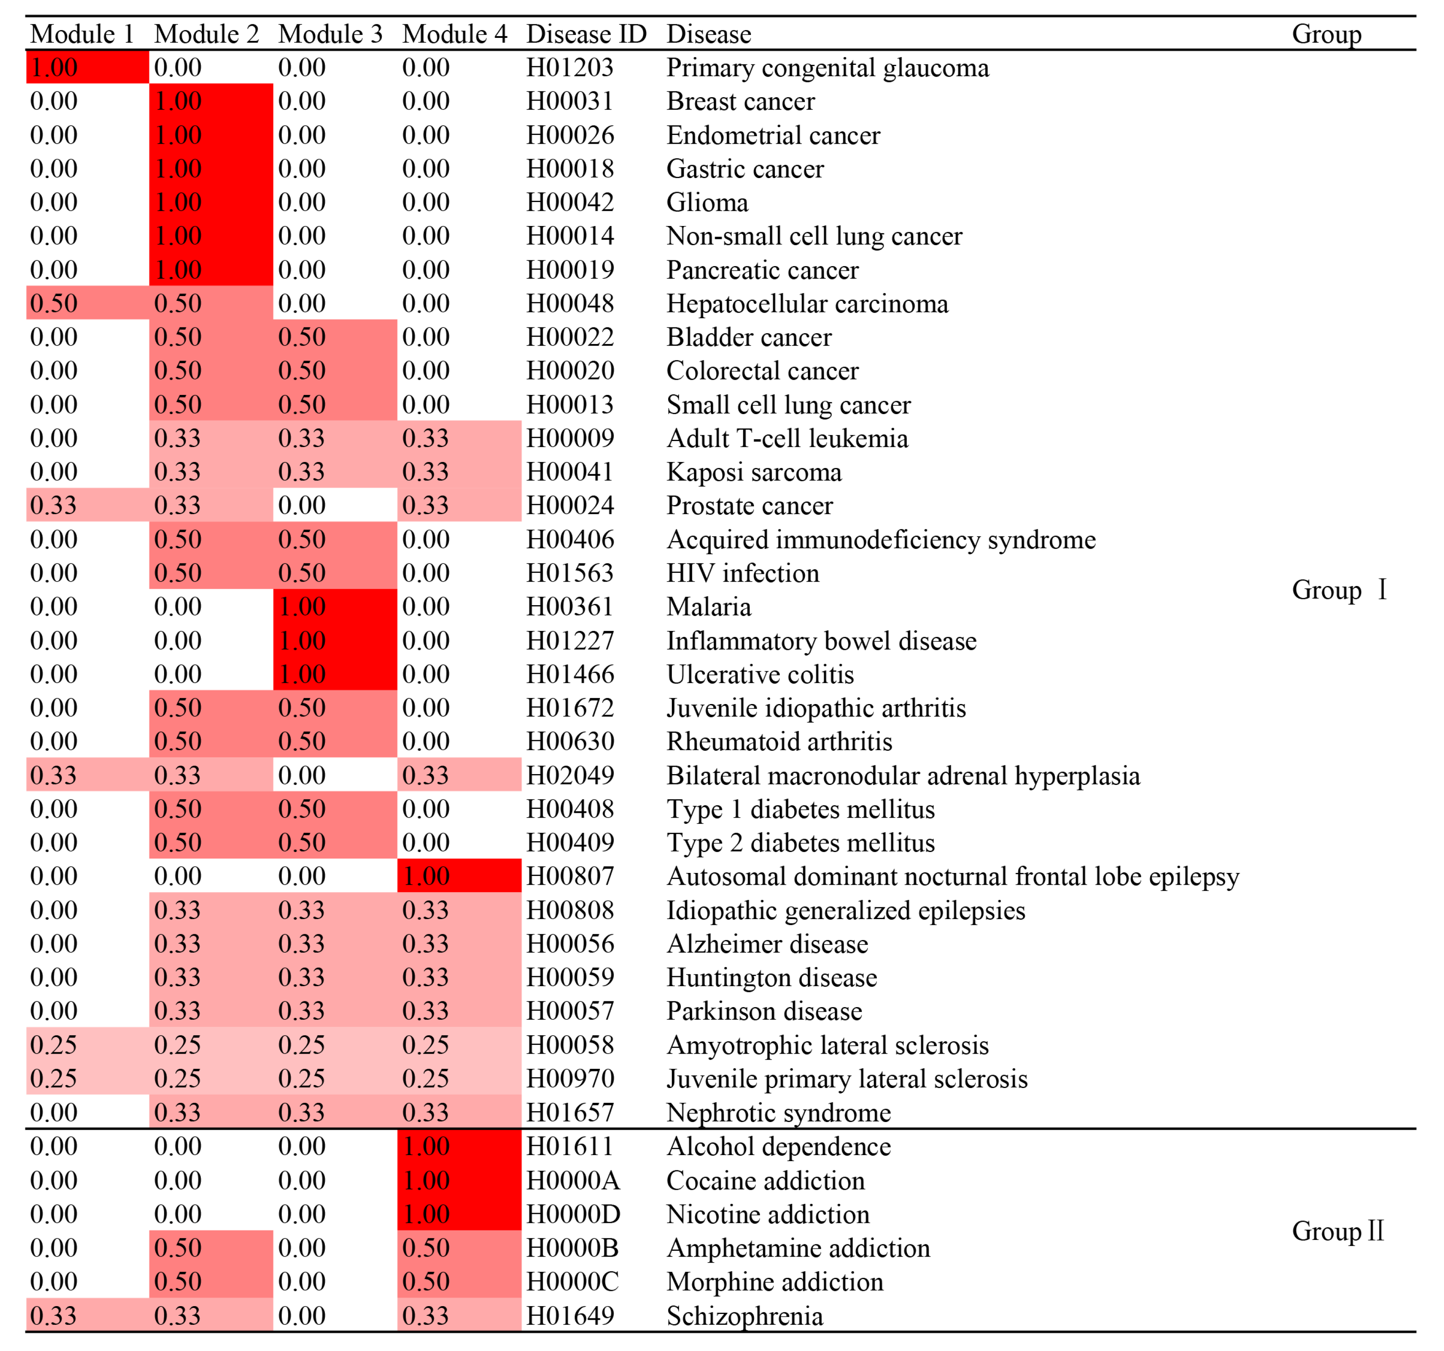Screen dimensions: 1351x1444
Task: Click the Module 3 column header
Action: click(330, 34)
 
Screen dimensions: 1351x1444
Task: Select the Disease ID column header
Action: click(586, 34)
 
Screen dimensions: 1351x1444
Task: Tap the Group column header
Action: click(1326, 34)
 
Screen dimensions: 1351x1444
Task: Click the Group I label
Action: click(1339, 590)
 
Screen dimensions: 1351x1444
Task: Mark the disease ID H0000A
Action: click(572, 1180)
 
